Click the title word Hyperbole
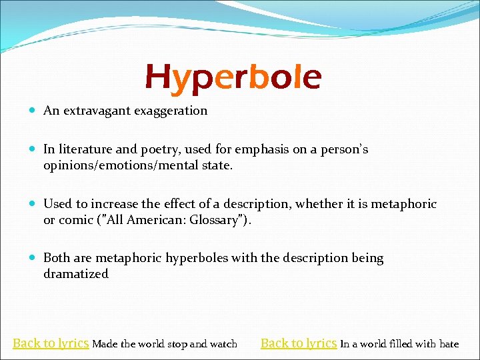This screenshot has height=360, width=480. [233, 77]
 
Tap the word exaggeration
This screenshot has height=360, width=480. [171, 111]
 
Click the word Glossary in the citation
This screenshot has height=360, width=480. [213, 219]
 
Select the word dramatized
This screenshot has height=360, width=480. [76, 273]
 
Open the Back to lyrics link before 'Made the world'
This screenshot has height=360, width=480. [51, 343]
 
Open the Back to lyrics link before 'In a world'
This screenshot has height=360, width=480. [298, 343]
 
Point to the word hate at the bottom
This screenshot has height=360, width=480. [449, 344]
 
